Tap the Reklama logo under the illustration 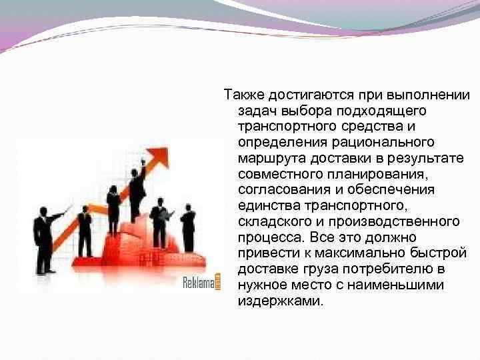coord(201,283)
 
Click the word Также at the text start coord(241,94)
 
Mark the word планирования coord(375,173)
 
